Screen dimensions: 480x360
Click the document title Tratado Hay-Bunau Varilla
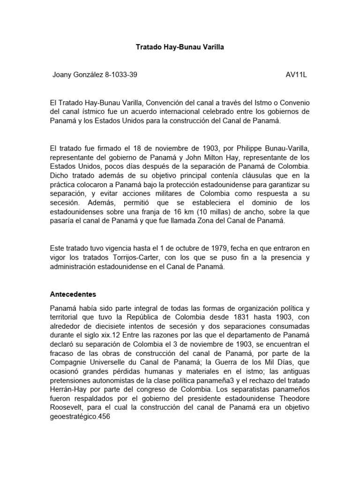pos(180,47)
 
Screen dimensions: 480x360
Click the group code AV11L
pos(296,75)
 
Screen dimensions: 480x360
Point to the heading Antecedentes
pos(73,295)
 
